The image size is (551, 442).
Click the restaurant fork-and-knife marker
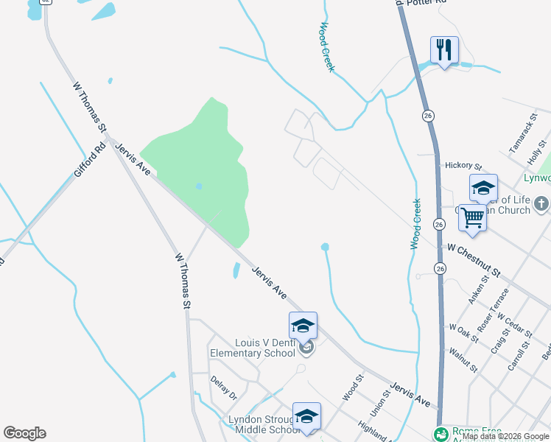444,50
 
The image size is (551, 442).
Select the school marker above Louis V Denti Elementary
303,326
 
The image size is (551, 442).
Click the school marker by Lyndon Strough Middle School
306,416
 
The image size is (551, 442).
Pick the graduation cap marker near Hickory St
483,188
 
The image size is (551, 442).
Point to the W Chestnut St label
474,262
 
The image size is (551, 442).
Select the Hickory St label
463,166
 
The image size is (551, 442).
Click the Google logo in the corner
24,433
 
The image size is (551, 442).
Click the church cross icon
541,203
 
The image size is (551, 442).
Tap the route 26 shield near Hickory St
428,116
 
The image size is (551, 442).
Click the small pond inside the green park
199,186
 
